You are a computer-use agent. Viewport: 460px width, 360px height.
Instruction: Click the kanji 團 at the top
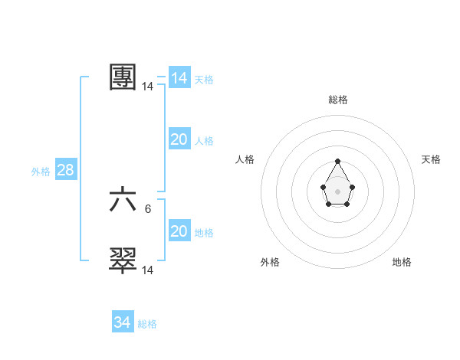(123, 77)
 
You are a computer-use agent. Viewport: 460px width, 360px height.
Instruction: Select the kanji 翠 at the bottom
(123, 260)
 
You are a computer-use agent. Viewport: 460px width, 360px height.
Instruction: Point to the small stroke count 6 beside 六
(148, 208)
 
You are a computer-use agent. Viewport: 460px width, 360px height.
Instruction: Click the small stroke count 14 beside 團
(147, 87)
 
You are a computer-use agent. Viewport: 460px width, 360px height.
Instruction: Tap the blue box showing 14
(179, 78)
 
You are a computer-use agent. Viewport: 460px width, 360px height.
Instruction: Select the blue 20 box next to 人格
(179, 139)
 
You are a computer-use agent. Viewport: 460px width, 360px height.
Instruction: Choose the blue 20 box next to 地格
(179, 231)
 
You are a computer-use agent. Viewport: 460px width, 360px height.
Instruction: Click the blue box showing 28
(65, 170)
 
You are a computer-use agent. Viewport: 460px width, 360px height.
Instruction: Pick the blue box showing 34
(123, 322)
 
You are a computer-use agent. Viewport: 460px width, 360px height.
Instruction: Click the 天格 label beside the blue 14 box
(204, 80)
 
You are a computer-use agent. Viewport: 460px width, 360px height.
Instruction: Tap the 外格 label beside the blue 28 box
(41, 172)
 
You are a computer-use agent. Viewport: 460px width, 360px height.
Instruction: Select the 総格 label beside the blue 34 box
(147, 324)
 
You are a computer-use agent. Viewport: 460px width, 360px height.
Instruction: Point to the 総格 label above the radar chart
(338, 100)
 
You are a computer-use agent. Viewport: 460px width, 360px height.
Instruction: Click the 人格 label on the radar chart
(245, 159)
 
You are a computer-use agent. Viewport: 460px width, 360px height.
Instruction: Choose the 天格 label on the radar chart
(431, 159)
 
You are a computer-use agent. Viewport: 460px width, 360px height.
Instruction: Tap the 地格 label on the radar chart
(402, 262)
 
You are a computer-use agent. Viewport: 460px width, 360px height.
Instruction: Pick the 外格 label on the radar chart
(270, 262)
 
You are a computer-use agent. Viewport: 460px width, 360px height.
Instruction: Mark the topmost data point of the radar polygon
(337, 161)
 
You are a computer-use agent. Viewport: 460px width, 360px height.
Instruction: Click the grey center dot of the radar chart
(337, 191)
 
